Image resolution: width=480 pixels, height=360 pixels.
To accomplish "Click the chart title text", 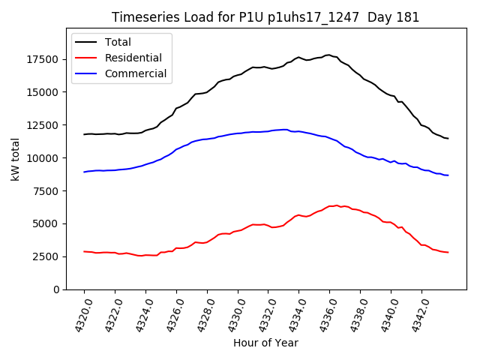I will [265, 17].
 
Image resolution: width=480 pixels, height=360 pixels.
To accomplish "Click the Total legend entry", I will [124, 42].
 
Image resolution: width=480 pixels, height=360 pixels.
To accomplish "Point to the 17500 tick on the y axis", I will [45, 59].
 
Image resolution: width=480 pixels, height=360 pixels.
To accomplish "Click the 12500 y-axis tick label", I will [45, 124].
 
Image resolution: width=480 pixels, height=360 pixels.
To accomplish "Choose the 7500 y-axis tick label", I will [48, 190].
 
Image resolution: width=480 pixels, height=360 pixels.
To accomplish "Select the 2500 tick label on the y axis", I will [48, 256].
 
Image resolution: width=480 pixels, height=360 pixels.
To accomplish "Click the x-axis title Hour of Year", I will [265, 343].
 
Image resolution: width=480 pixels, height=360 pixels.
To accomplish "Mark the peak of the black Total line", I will [328, 55].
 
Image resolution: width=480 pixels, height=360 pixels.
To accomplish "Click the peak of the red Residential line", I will [337, 205].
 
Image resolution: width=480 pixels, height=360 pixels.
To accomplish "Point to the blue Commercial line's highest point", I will [286, 129].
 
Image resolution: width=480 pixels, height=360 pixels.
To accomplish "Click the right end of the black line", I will [448, 138].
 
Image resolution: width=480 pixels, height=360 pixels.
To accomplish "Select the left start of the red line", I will [84, 251].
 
